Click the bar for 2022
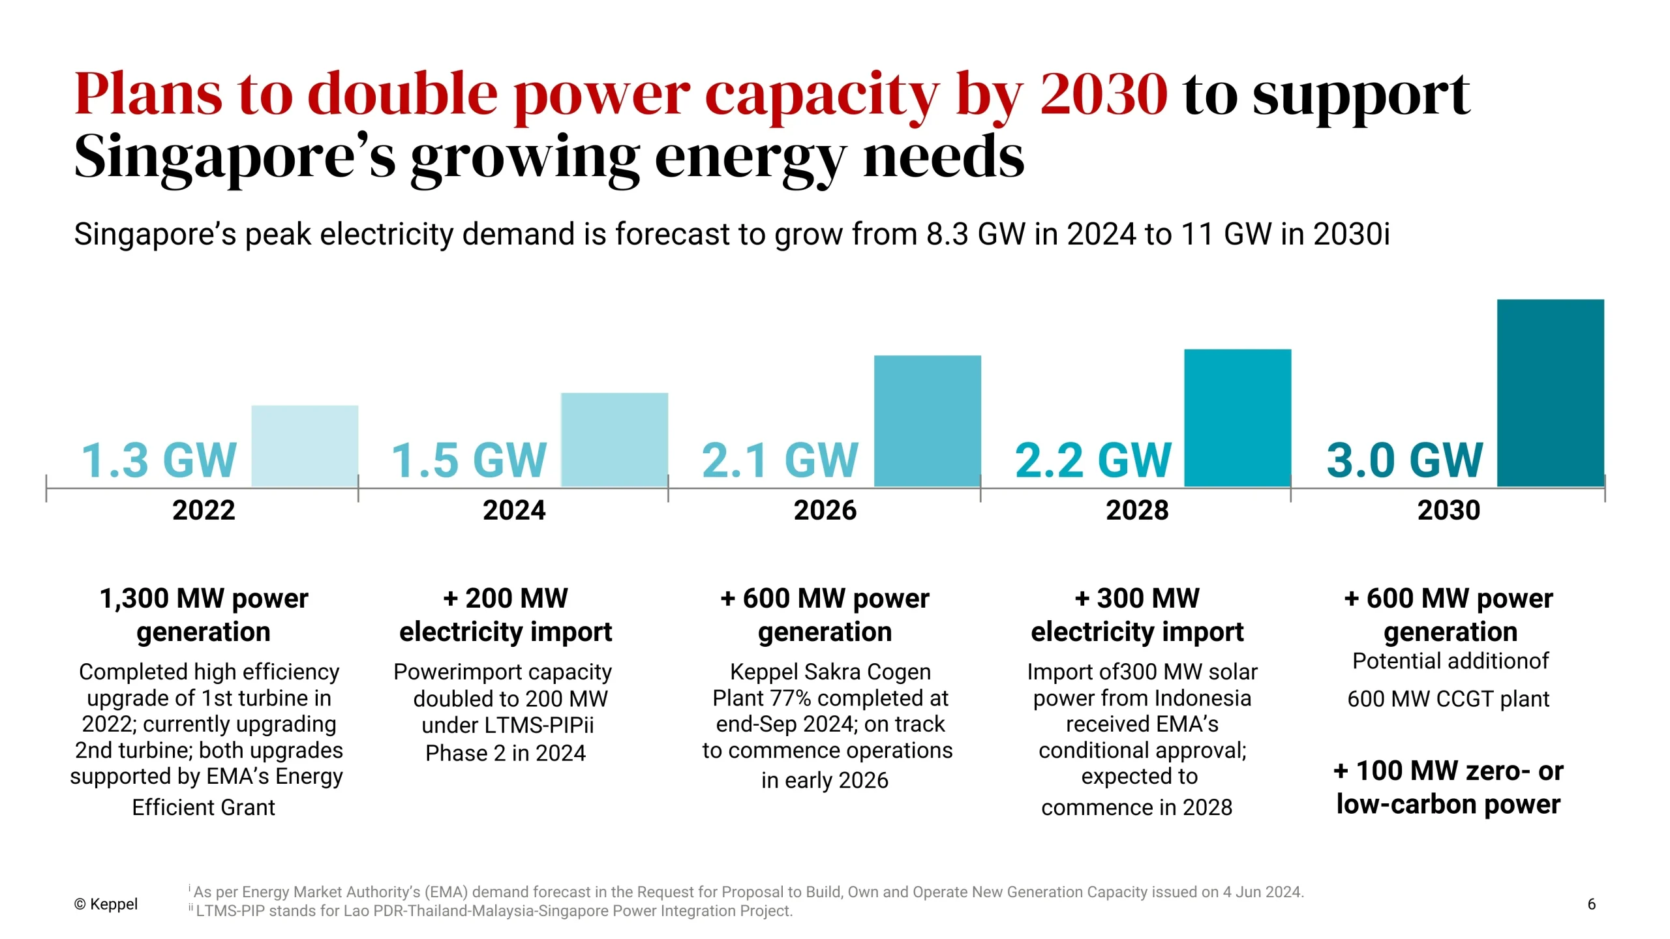click(x=305, y=446)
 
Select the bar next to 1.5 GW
click(x=615, y=440)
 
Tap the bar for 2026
click(x=927, y=421)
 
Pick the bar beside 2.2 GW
click(x=1237, y=418)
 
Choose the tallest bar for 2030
click(x=1550, y=393)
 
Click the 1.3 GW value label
click(x=159, y=460)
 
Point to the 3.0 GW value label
click(x=1404, y=460)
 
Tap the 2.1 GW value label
click(x=780, y=460)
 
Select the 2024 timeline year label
click(x=514, y=510)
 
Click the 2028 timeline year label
click(x=1137, y=510)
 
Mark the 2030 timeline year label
click(x=1449, y=510)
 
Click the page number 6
click(x=1591, y=904)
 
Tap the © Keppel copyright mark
click(x=106, y=904)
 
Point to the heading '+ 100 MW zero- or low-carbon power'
click(x=1448, y=788)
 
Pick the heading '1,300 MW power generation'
click(x=204, y=615)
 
